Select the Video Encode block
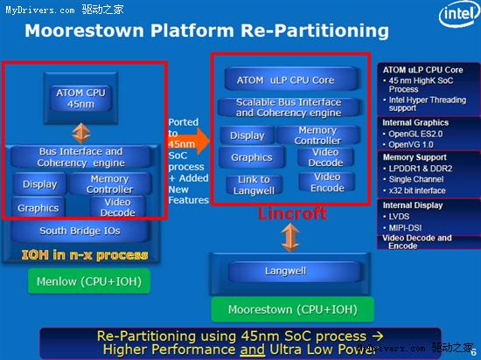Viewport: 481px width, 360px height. (326, 183)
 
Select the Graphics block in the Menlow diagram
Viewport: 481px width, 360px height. (38, 208)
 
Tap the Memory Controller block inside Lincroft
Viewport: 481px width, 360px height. (317, 135)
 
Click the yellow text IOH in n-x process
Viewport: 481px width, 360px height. (85, 255)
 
